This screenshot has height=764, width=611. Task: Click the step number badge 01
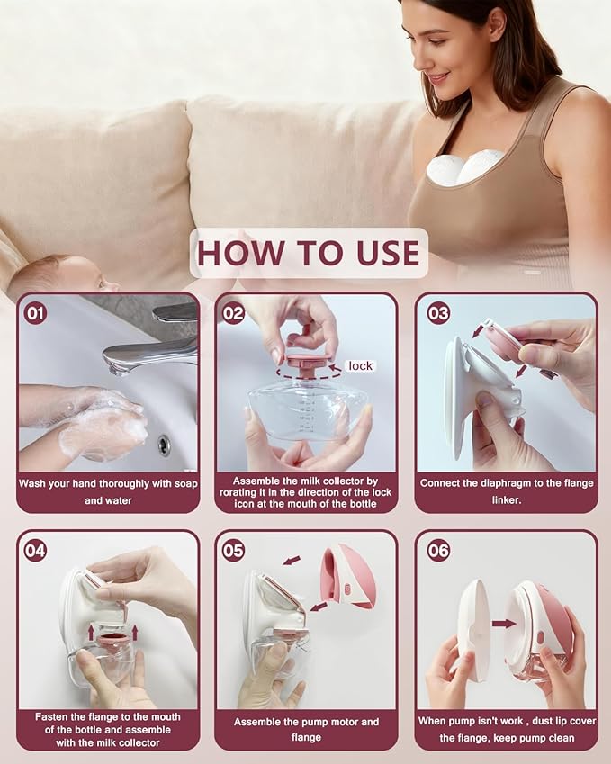click(x=35, y=314)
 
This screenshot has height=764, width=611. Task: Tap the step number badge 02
click(x=233, y=314)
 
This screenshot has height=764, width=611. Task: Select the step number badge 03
click(x=438, y=314)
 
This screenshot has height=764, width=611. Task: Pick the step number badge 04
click(x=35, y=550)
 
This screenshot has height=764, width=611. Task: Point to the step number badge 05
click(x=233, y=550)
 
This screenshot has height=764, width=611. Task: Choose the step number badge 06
click(x=438, y=550)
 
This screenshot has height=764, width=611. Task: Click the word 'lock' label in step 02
click(x=360, y=365)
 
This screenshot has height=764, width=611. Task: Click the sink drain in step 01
click(x=164, y=445)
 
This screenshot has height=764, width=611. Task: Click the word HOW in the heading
click(x=238, y=253)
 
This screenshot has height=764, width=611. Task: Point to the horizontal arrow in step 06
click(x=504, y=623)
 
